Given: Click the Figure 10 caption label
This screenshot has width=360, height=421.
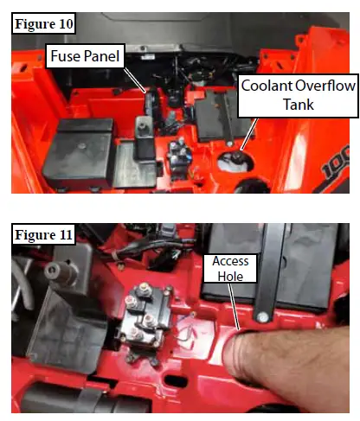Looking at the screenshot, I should [42, 23].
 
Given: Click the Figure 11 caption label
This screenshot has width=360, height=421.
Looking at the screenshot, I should [42, 234].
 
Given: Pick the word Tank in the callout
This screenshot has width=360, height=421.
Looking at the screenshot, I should [293, 105].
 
